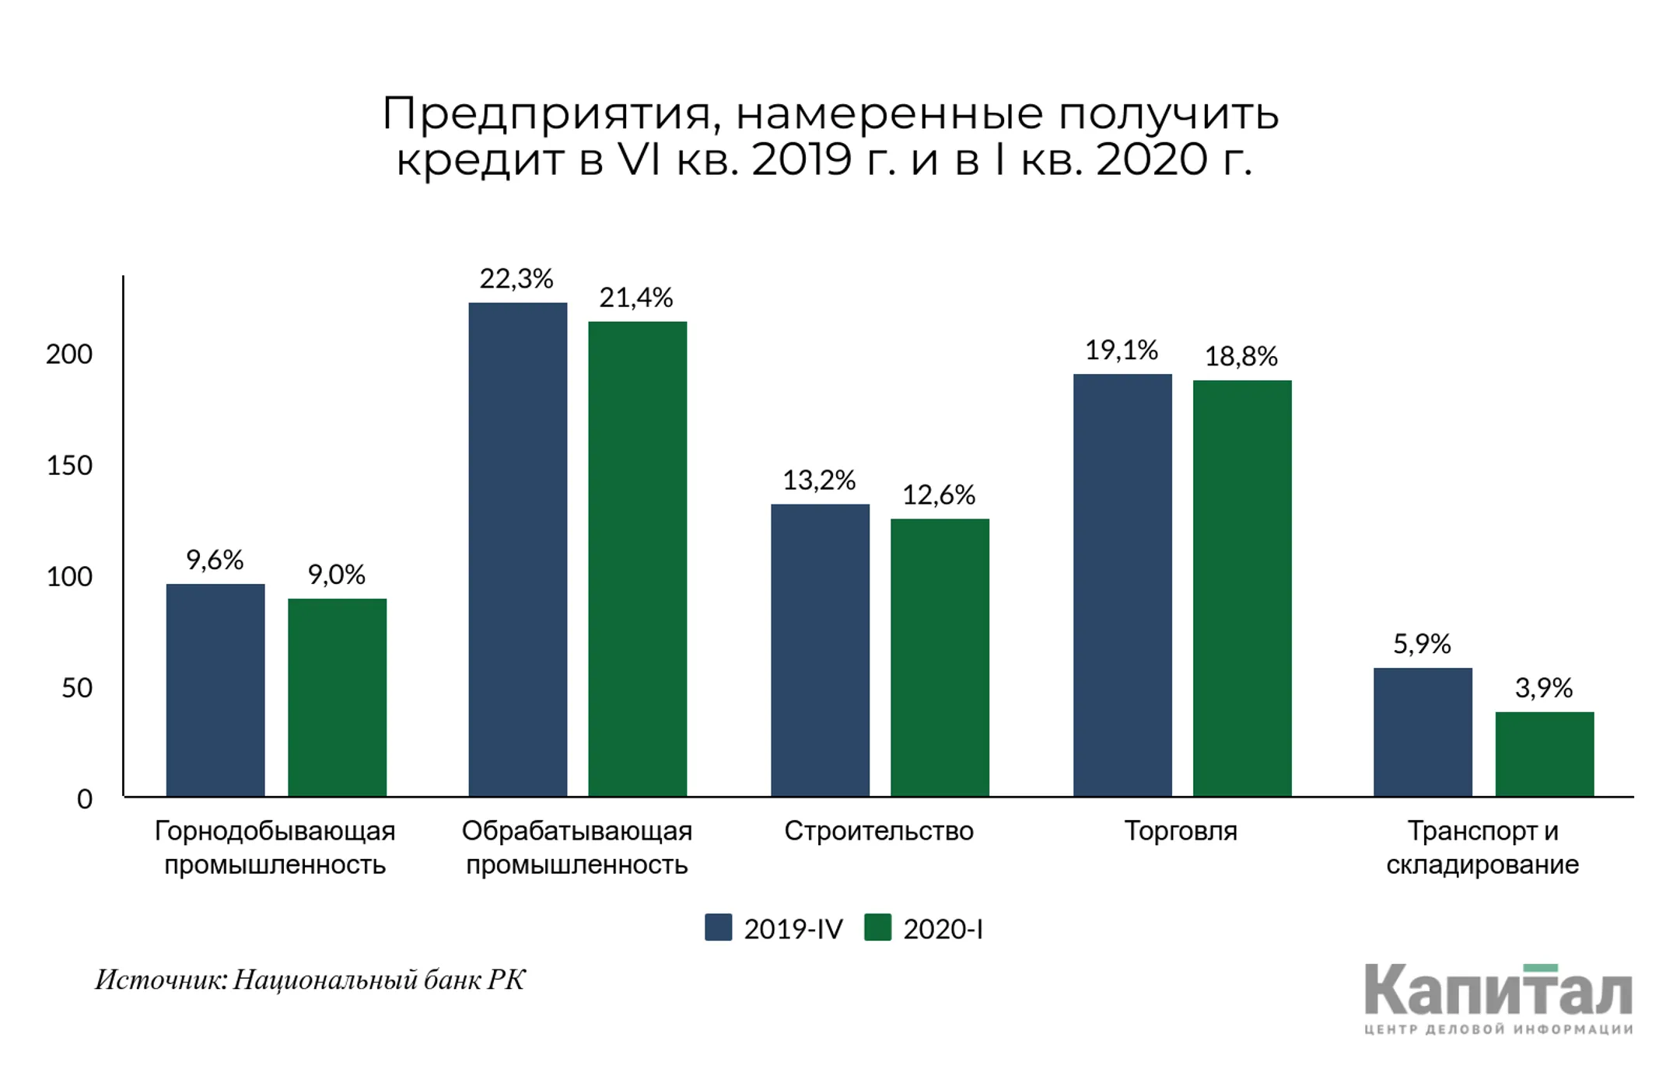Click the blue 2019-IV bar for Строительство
820,650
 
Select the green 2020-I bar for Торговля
1242,588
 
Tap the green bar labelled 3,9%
1544,753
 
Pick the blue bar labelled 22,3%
517,549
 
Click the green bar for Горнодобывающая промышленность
337,697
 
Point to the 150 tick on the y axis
69,466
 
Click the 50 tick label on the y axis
76,688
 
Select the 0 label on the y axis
84,799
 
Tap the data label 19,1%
1121,351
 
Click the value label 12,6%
938,495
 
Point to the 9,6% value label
215,560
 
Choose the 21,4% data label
635,298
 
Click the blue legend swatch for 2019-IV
718,928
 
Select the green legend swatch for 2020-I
877,928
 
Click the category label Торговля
1180,831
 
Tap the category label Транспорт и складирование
1482,847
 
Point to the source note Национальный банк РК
379,980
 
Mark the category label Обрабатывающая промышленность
576,847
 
